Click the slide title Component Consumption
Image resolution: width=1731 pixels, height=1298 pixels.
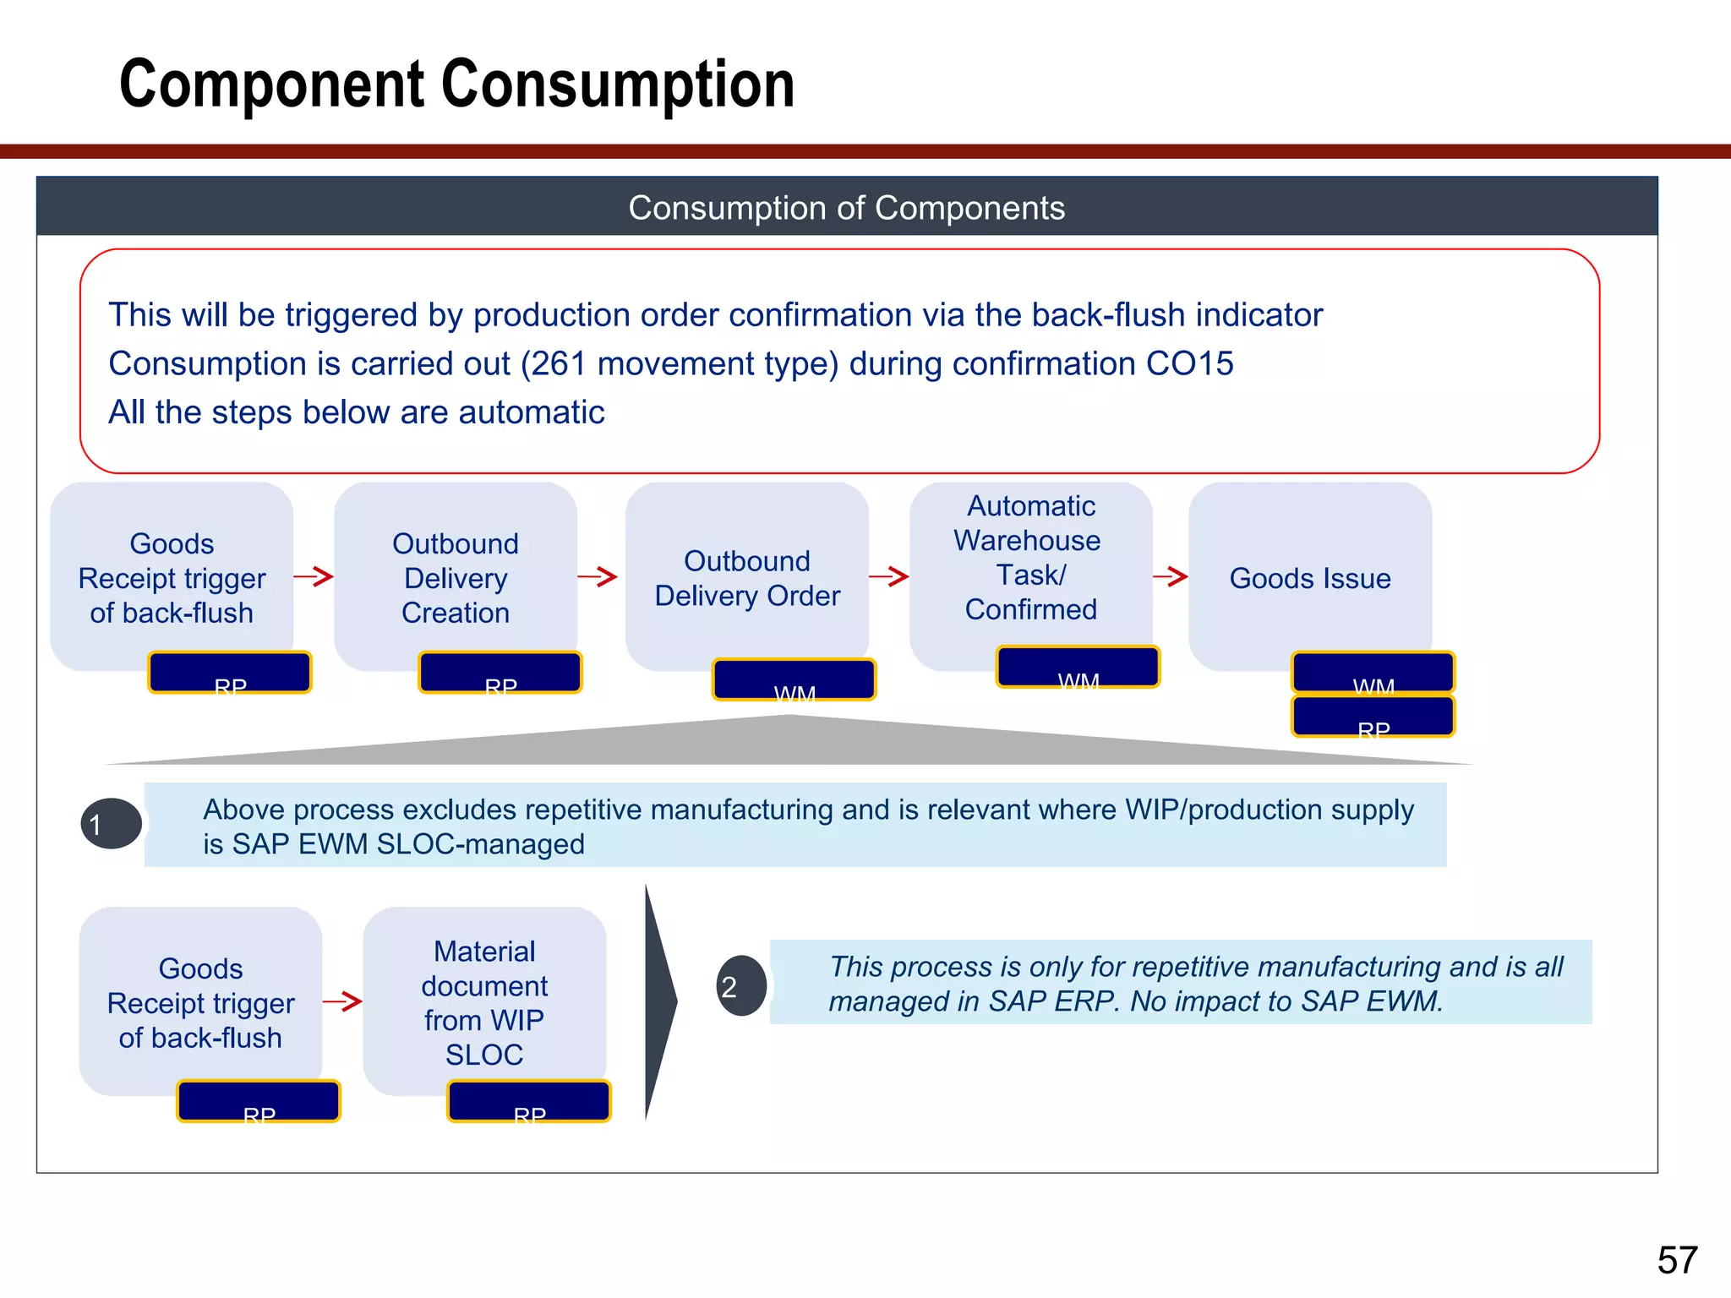pos(456,85)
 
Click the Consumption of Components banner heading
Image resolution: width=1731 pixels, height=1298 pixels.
pos(846,208)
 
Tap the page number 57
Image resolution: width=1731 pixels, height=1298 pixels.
pos(1677,1260)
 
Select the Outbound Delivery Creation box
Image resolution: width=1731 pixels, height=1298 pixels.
pos(456,577)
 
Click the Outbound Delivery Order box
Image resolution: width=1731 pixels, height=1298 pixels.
pos(747,577)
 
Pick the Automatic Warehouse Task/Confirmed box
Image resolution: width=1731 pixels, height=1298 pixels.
pos(1030,558)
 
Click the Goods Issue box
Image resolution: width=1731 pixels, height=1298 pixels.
pos(1309,578)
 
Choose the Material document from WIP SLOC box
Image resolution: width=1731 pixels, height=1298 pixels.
pos(484,1002)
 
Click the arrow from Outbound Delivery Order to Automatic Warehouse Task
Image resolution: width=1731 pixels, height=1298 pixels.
pos(888,577)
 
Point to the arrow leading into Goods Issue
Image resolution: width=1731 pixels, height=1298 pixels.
pos(1171,577)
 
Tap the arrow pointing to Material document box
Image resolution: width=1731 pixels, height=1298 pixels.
pos(342,1002)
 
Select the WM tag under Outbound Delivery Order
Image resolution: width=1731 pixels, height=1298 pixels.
pos(794,680)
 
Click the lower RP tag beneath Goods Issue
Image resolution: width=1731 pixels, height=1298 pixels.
pos(1373,717)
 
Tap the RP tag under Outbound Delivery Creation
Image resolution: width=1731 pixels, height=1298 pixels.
pos(500,673)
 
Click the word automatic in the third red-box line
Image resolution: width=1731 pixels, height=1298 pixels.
pos(532,412)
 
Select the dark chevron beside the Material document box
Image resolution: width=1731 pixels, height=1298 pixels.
pos(659,1002)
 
